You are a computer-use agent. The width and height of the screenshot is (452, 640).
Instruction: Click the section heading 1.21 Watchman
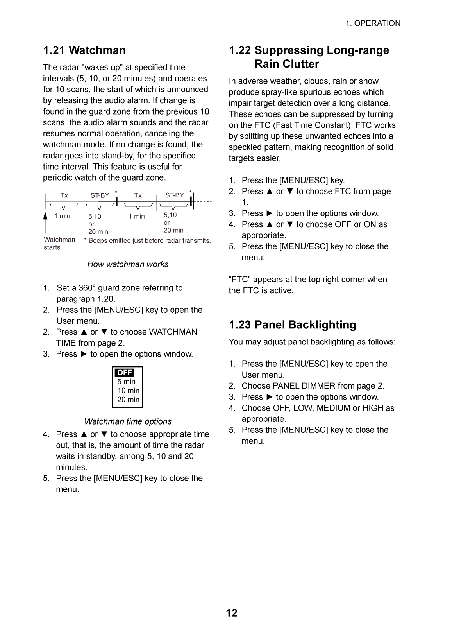click(84, 50)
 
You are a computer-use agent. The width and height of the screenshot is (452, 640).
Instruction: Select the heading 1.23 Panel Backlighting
click(292, 325)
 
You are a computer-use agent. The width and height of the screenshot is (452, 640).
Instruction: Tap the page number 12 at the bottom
click(232, 613)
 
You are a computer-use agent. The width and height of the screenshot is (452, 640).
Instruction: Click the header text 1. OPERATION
click(373, 23)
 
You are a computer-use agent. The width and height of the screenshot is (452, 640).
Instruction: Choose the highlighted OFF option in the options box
click(125, 373)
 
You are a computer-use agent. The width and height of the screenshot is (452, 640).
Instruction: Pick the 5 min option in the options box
click(126, 382)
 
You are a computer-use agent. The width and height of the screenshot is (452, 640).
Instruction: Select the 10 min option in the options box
click(128, 391)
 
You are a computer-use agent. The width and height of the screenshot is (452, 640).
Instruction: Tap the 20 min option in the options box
click(128, 400)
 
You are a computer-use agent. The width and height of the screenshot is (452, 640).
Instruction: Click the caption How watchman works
click(128, 264)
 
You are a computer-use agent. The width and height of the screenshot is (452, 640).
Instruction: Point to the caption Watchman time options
click(128, 422)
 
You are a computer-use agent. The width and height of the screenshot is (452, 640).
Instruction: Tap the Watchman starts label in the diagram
click(59, 244)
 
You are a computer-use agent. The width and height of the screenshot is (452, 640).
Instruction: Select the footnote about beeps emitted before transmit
click(148, 241)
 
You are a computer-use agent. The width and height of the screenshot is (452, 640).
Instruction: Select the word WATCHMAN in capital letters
click(173, 332)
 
